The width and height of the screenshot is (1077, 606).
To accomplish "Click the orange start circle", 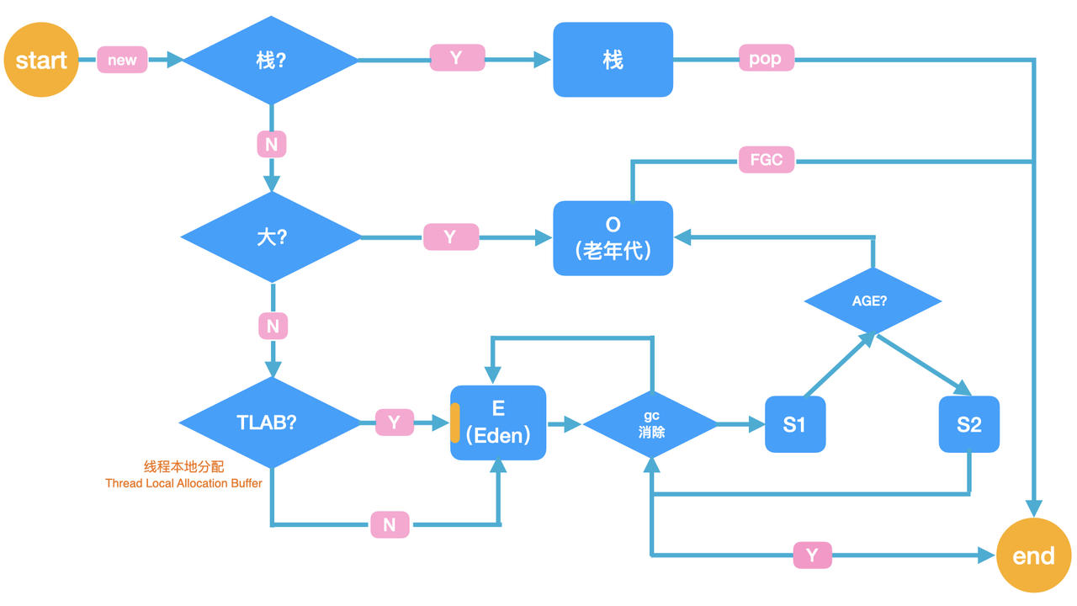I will [41, 61].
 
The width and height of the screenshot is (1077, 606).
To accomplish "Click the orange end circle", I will [1033, 555].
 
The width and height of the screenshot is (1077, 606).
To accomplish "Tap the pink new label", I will [122, 60].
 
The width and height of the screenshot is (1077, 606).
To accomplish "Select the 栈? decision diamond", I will [271, 61].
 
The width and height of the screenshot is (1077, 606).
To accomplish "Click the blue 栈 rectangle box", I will [613, 60].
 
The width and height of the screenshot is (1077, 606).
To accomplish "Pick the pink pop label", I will [766, 58].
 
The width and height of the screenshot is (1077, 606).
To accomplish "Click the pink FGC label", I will [766, 159].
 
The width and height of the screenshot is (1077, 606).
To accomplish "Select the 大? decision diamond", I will [271, 237].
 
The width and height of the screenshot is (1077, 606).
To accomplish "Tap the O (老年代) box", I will [613, 237].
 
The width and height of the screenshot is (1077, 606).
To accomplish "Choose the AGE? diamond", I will [873, 300].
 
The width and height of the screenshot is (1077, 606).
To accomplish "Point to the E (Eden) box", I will [498, 423].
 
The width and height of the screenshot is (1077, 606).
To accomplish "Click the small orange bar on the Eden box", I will [455, 423].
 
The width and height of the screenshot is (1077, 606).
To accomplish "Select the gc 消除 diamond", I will [650, 424].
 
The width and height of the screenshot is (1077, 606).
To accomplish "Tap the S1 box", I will [794, 424].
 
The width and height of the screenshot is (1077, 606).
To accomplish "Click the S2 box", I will [968, 424].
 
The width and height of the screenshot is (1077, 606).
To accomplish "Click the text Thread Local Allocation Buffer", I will [183, 484].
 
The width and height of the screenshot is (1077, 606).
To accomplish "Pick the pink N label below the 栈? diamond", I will [271, 145].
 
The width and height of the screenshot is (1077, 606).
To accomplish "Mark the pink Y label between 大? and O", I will [450, 237].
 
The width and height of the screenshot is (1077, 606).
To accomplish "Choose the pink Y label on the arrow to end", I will [812, 555].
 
